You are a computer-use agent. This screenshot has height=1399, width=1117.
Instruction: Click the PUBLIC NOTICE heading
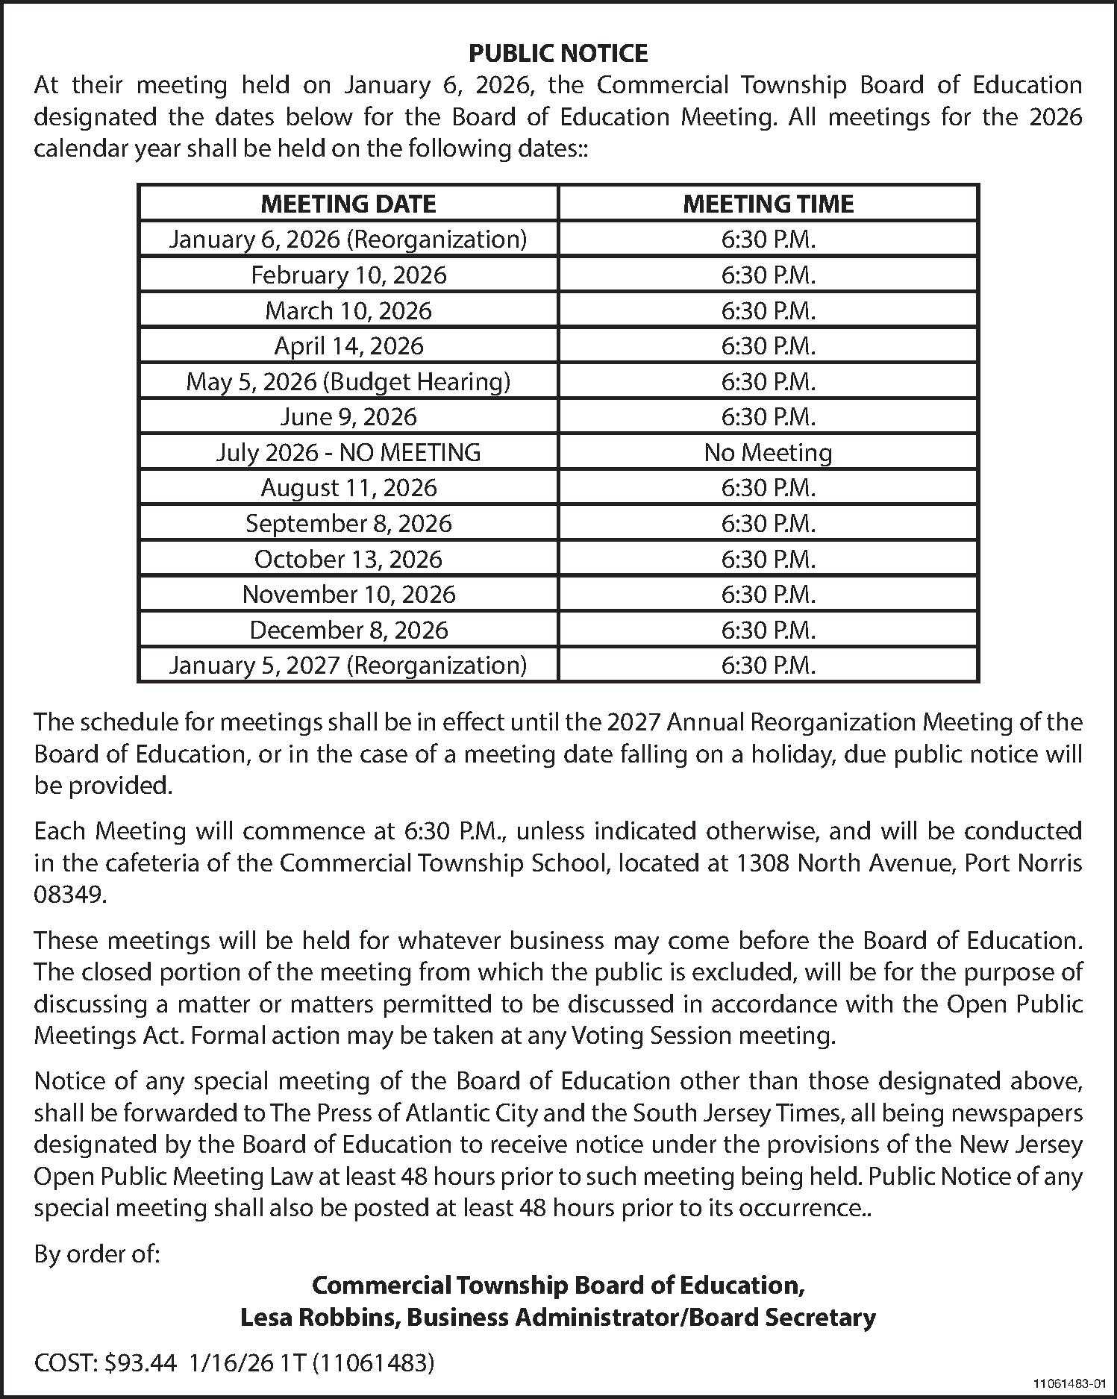[558, 53]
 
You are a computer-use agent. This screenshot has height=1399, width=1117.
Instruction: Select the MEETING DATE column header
[348, 204]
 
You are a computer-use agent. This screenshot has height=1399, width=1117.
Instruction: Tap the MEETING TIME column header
[768, 204]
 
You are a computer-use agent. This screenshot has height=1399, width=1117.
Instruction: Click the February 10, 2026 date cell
[348, 275]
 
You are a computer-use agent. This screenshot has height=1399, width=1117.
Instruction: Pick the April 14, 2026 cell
[348, 345]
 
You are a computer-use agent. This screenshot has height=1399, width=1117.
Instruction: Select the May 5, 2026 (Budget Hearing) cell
[348, 381]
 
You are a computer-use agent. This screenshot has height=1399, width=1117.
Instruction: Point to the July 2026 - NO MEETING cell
[348, 452]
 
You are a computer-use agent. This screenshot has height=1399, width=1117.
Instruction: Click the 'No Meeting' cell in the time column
[768, 452]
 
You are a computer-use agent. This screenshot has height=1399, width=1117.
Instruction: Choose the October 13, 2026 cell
[348, 559]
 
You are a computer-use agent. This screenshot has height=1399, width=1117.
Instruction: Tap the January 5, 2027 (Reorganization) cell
[348, 665]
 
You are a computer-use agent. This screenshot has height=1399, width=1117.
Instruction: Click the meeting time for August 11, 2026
[768, 488]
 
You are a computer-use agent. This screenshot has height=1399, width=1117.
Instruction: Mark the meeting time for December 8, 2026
[768, 630]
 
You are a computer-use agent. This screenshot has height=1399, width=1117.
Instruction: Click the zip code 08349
[70, 894]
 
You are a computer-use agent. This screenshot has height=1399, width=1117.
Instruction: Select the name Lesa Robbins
[319, 1317]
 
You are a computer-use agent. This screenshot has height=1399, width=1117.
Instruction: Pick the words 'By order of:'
[97, 1254]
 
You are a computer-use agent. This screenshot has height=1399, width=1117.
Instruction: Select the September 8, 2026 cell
[348, 523]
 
